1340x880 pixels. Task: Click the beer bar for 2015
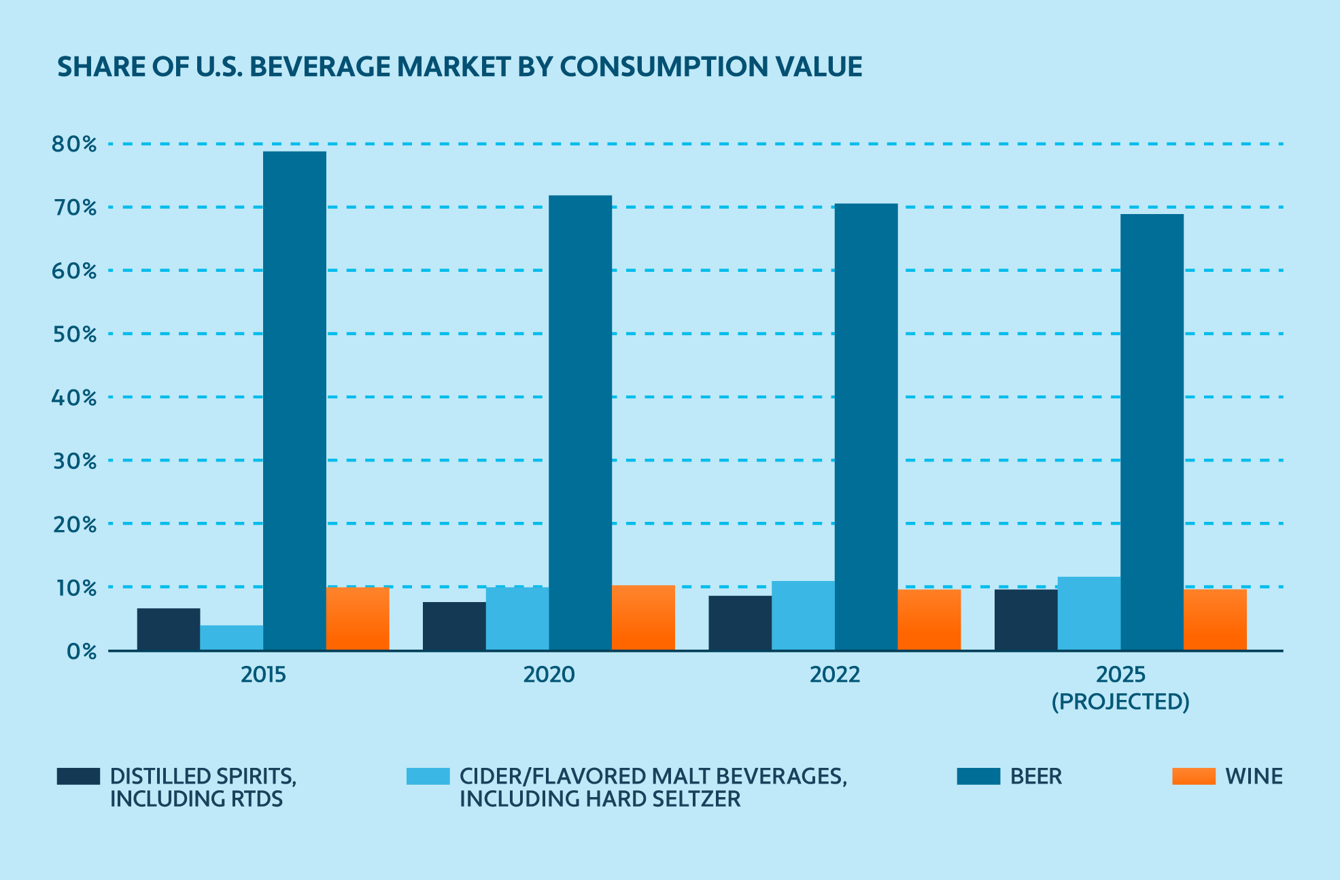coord(294,401)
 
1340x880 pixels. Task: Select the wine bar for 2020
coord(643,618)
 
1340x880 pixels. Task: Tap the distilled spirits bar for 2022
coord(740,623)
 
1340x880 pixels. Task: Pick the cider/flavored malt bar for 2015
coord(231,637)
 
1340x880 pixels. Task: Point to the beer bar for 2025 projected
coord(1152,432)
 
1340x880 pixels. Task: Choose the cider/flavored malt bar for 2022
coord(803,616)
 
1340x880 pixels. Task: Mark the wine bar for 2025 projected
coord(1215,620)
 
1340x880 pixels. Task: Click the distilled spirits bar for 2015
coord(169,629)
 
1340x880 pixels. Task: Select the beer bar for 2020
coord(580,423)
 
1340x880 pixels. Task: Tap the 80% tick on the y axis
coord(74,144)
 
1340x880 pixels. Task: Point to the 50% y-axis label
coord(74,334)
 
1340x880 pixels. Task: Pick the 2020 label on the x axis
coord(549,675)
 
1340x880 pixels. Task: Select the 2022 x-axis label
coord(834,675)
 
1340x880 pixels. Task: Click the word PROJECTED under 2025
coord(1120,702)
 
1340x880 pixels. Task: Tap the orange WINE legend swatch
coord(1193,776)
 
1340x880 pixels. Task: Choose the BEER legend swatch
coord(978,776)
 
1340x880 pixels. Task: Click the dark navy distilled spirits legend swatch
coord(78,776)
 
